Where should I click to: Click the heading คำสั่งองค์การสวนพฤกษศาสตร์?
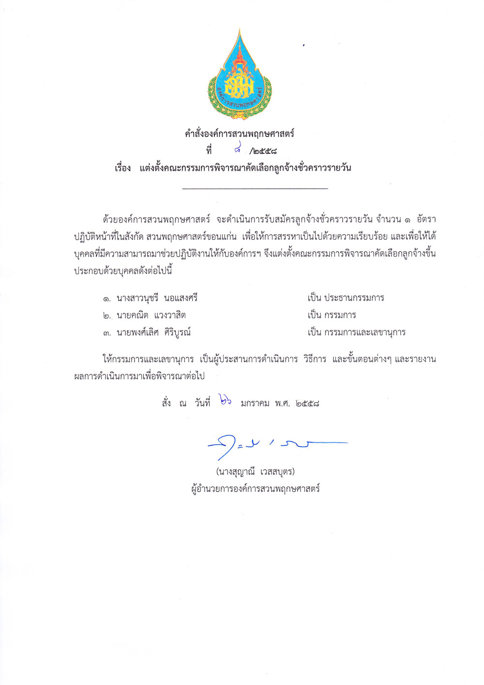tap(240, 134)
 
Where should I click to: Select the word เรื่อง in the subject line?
tap(123, 168)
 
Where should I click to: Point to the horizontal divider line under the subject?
tap(255, 188)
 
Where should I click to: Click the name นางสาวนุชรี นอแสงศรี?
tap(157, 298)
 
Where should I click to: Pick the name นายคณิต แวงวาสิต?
tap(151, 315)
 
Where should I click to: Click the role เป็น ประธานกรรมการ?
tap(346, 298)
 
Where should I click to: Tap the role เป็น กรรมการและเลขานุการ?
tap(356, 333)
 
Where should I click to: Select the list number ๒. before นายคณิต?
tap(107, 316)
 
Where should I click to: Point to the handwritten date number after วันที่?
tap(225, 401)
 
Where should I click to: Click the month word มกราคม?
tap(255, 403)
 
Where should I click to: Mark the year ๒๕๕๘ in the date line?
tap(307, 403)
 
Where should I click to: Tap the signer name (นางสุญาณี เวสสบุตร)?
tap(255, 472)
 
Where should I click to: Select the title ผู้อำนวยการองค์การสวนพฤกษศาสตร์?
tap(256, 489)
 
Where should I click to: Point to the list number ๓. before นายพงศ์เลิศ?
tap(107, 333)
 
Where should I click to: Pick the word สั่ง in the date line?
tap(166, 403)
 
